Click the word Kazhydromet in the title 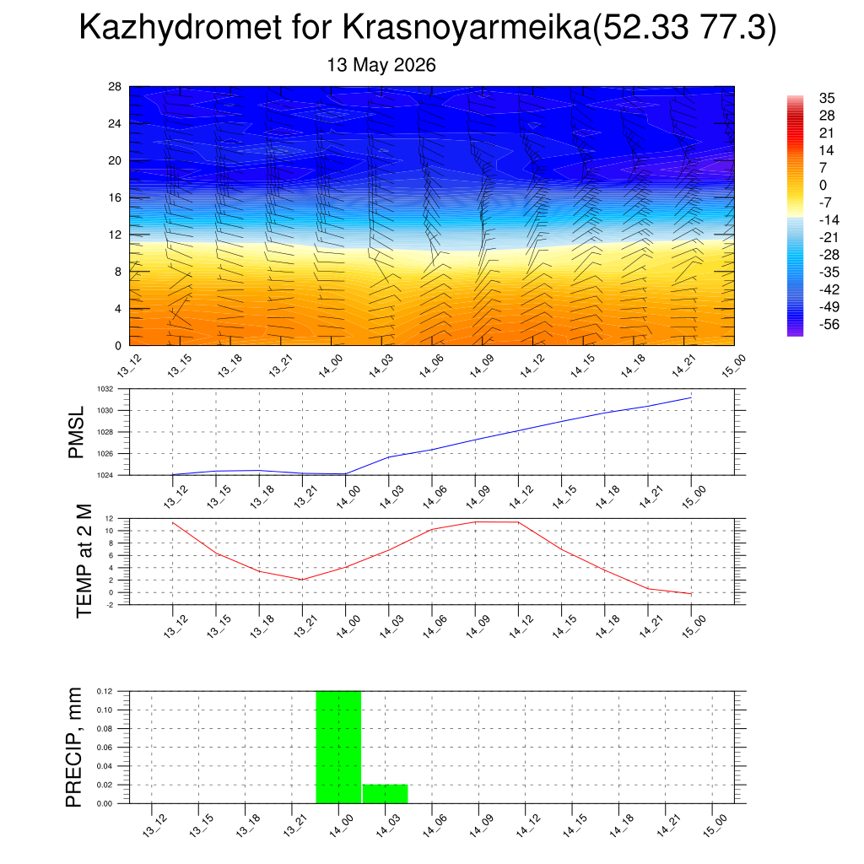pos(181,27)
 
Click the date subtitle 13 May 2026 pos(381,65)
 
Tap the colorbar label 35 pos(827,98)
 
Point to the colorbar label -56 pos(829,324)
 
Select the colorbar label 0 pos(823,185)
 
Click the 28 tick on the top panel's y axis pos(115,87)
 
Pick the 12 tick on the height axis pos(115,235)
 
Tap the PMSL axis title pos(76,432)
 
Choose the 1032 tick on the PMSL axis pos(105,389)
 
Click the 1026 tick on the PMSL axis pos(105,454)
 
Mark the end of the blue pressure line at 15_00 pos(691,397)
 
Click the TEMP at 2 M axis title pos(84,561)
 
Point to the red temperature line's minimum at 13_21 pos(302,580)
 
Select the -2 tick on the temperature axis pos(110,605)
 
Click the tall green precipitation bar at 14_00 pos(338,748)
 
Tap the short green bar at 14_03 pos(385,794)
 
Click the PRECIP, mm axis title pos(73,748)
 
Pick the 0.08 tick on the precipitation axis pos(105,728)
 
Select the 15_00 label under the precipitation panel pos(715,826)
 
